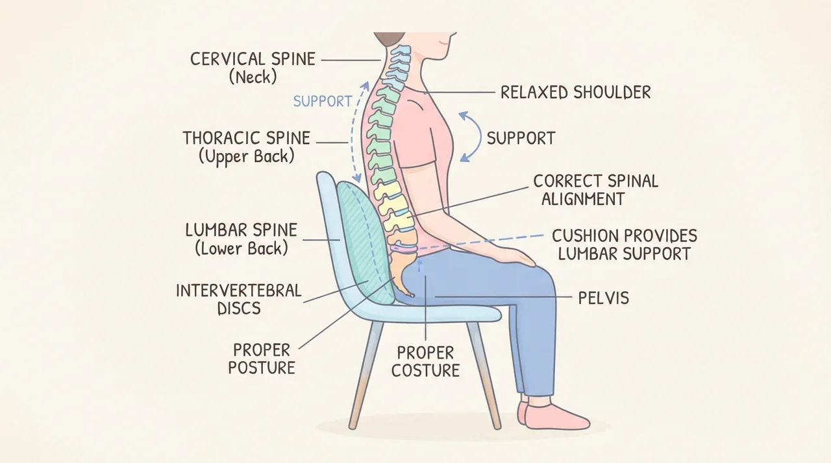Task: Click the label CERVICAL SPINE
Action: point(253,59)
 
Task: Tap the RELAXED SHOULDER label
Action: point(575,92)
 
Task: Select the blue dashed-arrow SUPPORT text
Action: point(323,101)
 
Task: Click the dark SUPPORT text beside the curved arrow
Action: point(521,138)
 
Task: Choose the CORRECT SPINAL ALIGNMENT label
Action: point(596,190)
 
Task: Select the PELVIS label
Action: point(604,298)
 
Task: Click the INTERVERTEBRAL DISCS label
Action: point(238,300)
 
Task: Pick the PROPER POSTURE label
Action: point(262,359)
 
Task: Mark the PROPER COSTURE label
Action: point(425,361)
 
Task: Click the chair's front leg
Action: point(484,375)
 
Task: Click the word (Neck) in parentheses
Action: point(253,78)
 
